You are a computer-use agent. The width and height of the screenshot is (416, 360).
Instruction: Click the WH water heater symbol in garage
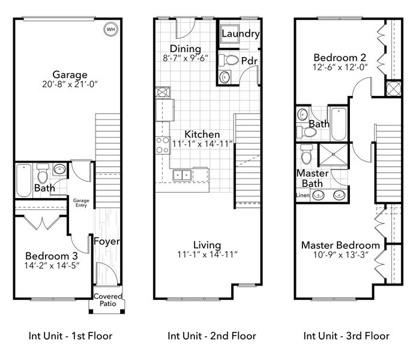point(111,28)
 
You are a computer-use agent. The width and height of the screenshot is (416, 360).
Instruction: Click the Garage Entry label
point(80,203)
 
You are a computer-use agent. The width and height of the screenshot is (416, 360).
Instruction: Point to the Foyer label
point(107,242)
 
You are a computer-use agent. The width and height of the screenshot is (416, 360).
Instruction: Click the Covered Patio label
point(107,300)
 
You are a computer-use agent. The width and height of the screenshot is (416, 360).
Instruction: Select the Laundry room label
point(240,34)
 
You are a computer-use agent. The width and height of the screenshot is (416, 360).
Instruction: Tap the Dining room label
point(185,49)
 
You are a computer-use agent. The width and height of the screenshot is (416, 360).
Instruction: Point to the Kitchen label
point(202,134)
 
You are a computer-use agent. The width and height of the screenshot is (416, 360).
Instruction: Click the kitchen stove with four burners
point(163,145)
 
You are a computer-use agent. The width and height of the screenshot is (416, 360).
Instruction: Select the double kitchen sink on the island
point(182,175)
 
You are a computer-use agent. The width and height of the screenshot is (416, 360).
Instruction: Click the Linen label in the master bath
point(302,196)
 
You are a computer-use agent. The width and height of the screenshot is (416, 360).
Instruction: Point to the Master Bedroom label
point(340,245)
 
